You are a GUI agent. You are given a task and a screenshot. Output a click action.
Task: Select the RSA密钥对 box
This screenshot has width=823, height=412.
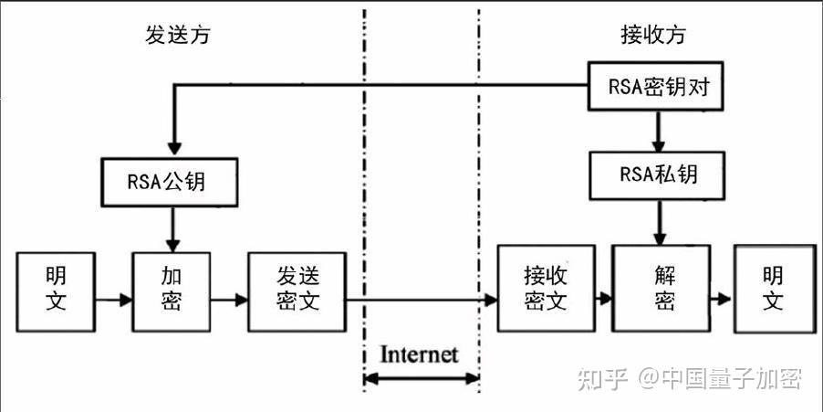(657, 88)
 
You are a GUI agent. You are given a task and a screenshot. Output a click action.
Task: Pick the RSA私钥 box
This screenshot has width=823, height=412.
(658, 174)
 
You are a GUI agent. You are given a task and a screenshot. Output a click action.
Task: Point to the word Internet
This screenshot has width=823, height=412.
(419, 354)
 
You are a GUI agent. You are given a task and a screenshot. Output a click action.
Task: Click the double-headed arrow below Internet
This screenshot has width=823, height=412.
(421, 378)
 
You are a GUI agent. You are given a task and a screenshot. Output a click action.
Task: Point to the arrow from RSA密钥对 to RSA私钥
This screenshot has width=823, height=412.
(657, 132)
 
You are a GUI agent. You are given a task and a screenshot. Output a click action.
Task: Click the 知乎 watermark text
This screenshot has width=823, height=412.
(604, 377)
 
